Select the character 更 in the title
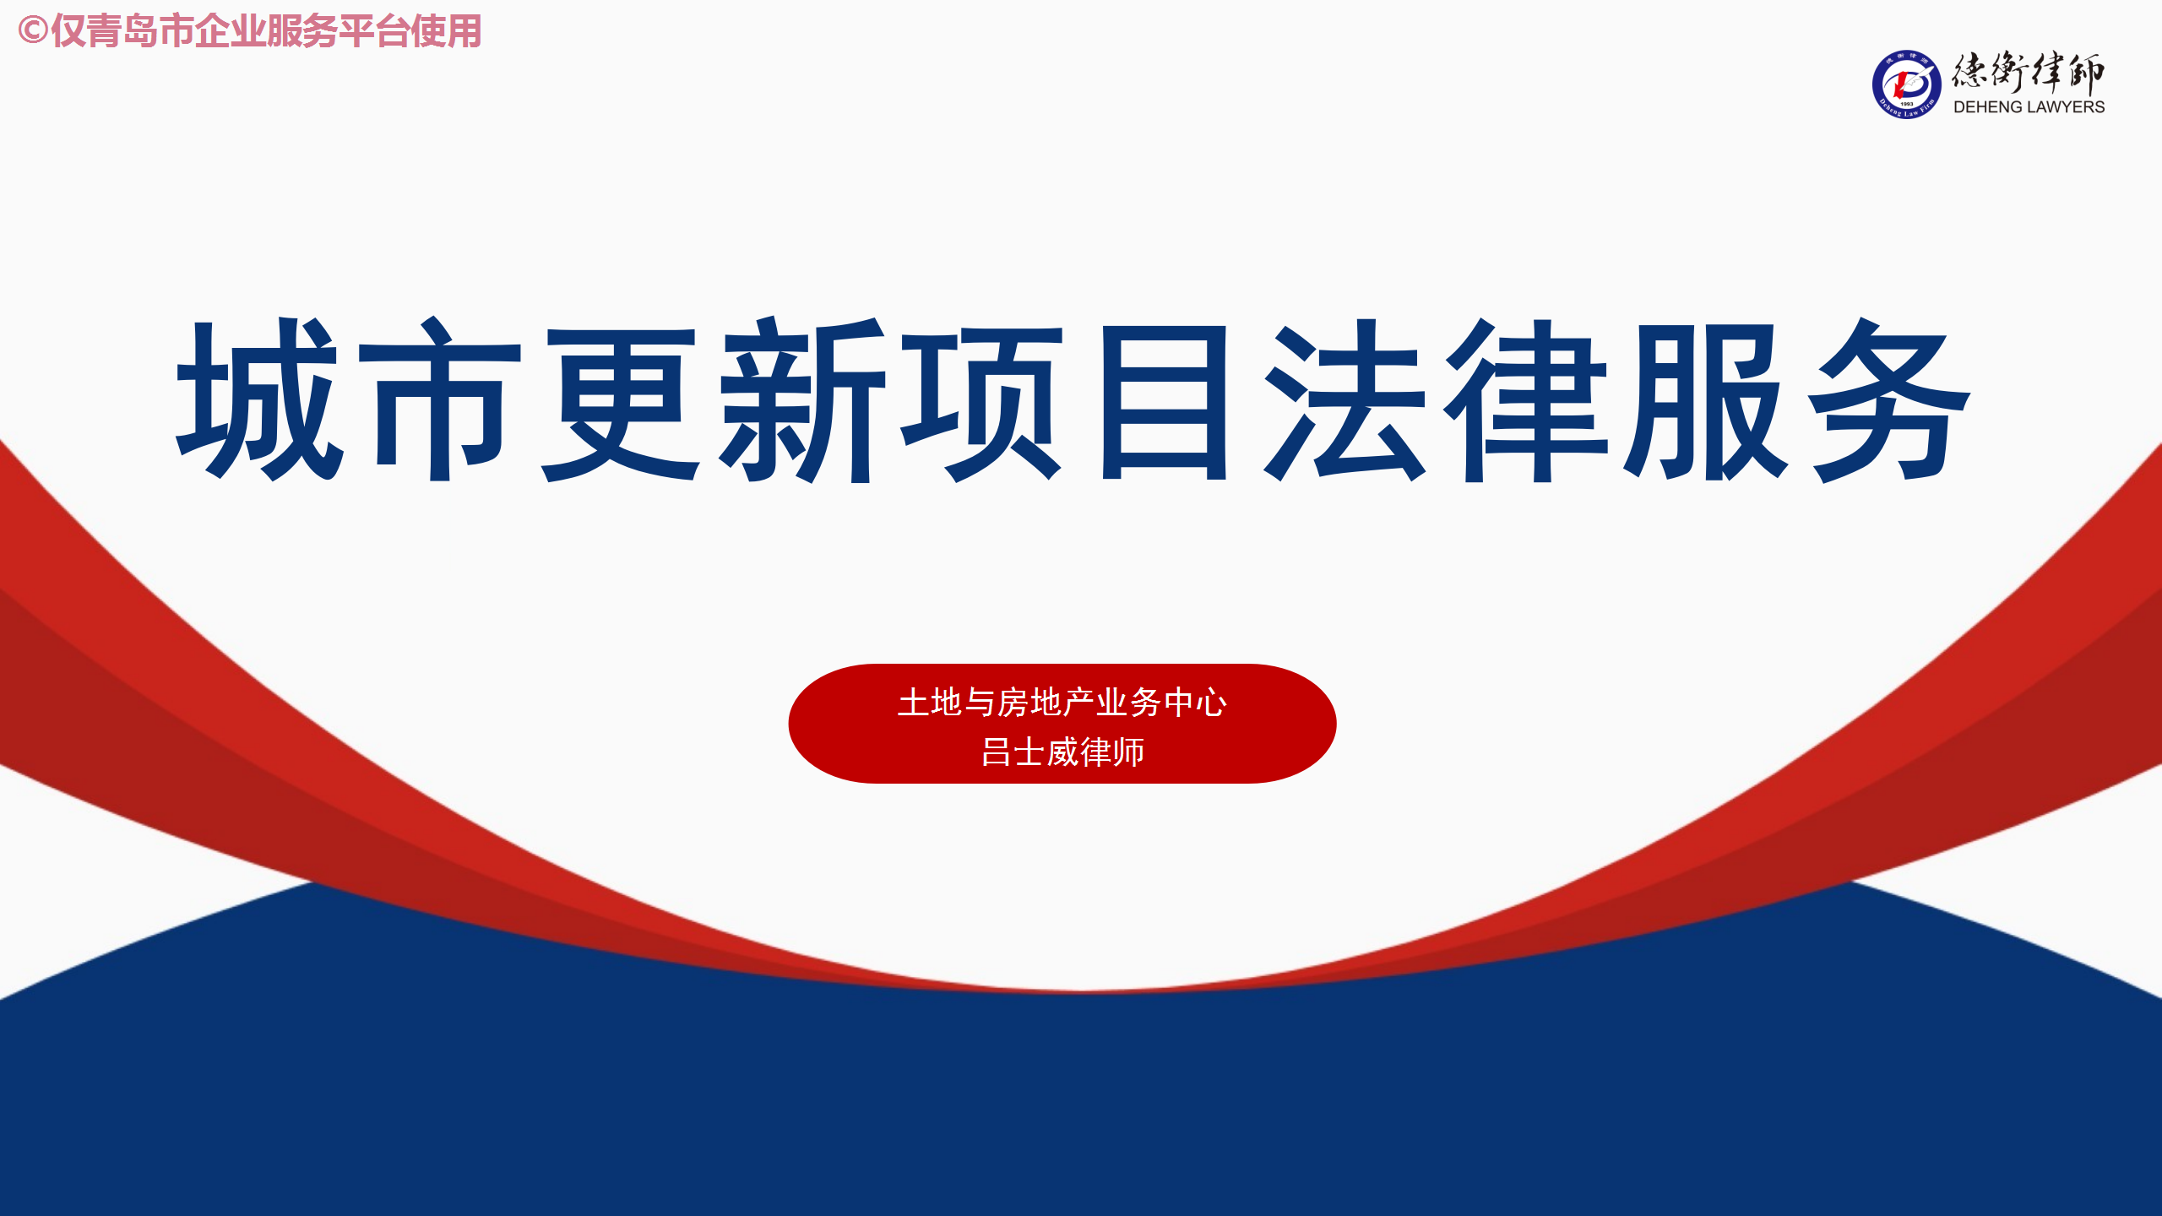point(621,402)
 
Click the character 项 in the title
point(982,402)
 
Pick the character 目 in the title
point(1165,402)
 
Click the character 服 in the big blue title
point(1706,401)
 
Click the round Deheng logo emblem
point(1906,84)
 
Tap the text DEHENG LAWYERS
point(2029,107)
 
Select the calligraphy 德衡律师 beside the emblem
point(2029,72)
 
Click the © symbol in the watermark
point(32,31)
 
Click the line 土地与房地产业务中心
point(1062,703)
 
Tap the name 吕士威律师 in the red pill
point(1062,752)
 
